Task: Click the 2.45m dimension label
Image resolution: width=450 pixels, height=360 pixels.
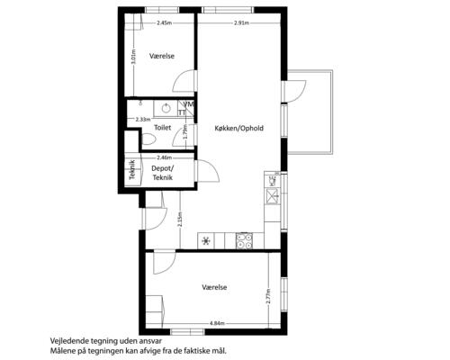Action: pyautogui.click(x=165, y=22)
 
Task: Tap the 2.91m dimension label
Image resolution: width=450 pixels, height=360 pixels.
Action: pyautogui.click(x=242, y=22)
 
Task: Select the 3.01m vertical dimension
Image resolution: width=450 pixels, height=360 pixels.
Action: pyautogui.click(x=134, y=57)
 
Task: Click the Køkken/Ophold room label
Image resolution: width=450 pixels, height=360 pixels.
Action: pyautogui.click(x=239, y=128)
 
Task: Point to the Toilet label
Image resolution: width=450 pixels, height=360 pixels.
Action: pyautogui.click(x=163, y=128)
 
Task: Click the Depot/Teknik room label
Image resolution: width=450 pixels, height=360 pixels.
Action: pyautogui.click(x=163, y=173)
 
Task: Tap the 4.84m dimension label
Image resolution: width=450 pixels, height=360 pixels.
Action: pyautogui.click(x=217, y=323)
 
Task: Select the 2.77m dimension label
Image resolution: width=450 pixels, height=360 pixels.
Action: pyautogui.click(x=268, y=296)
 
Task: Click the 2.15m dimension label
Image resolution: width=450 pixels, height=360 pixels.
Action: pyautogui.click(x=180, y=220)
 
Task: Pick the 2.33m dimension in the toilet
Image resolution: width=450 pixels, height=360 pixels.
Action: pyautogui.click(x=143, y=120)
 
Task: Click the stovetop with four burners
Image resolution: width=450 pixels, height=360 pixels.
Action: pyautogui.click(x=244, y=241)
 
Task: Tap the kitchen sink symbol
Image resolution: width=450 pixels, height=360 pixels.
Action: pyautogui.click(x=273, y=196)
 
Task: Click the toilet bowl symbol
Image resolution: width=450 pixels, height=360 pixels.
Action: pyautogui.click(x=148, y=139)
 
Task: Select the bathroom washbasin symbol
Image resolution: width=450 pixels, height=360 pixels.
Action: pyautogui.click(x=166, y=108)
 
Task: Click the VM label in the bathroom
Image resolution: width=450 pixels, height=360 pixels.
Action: pyautogui.click(x=189, y=104)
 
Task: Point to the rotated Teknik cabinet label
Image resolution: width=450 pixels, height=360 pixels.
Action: pyautogui.click(x=132, y=170)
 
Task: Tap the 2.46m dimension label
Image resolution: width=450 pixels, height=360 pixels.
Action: pyautogui.click(x=165, y=157)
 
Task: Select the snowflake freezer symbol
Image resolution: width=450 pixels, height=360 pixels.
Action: pyautogui.click(x=206, y=241)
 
